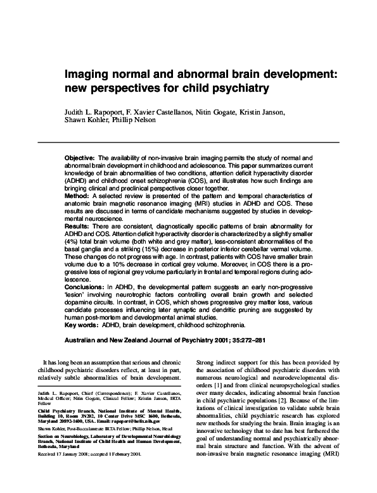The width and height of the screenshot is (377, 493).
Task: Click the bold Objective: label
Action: [x=80, y=156]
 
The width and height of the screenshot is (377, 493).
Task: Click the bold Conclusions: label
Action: [x=86, y=286]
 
